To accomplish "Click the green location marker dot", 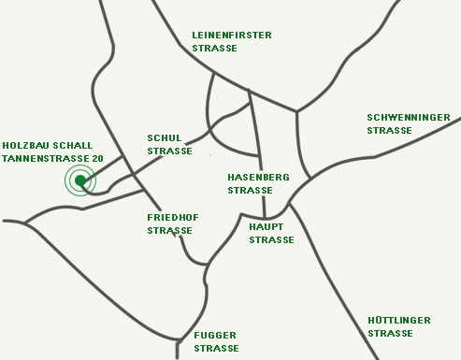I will pyautogui.click(x=81, y=180).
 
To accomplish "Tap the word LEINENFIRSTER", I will pyautogui.click(x=231, y=35).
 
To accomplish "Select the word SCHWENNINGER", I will pyautogui.click(x=409, y=117).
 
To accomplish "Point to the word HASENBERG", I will pyautogui.click(x=259, y=176).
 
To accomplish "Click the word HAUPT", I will pyautogui.click(x=267, y=226).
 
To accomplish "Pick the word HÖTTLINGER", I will pyautogui.click(x=399, y=320).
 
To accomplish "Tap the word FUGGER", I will pyautogui.click(x=215, y=335).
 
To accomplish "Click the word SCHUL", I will pyautogui.click(x=165, y=137).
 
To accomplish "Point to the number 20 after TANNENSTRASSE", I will pyautogui.click(x=98, y=159).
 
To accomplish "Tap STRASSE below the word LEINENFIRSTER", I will pyautogui.click(x=214, y=48).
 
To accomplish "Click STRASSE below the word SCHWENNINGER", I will pyautogui.click(x=390, y=130).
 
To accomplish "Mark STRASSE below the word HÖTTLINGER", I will pyautogui.click(x=391, y=333).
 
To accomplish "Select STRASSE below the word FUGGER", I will pyautogui.click(x=216, y=348).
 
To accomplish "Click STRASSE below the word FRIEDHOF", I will pyautogui.click(x=170, y=230).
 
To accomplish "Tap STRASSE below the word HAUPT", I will pyautogui.click(x=271, y=239).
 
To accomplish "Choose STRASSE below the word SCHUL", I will pyautogui.click(x=170, y=151).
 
